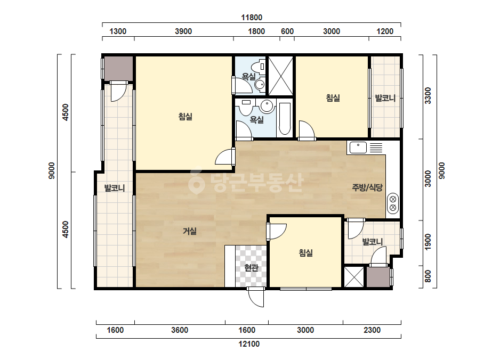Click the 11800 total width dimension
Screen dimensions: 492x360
[x=252, y=18]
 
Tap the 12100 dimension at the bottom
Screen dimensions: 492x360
[x=249, y=344]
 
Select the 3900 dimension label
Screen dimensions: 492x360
[x=183, y=31]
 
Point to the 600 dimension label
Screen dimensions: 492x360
[x=287, y=31]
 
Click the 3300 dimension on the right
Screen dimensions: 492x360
[x=428, y=96]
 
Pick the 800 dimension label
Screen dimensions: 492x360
[x=428, y=276]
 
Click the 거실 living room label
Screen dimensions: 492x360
[x=190, y=232]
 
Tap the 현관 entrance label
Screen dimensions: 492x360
[x=252, y=267]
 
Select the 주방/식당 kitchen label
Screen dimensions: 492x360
[x=367, y=187]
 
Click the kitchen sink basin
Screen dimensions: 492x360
[x=358, y=148]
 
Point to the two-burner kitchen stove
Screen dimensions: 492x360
[x=393, y=203]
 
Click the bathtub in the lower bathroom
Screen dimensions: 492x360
[x=285, y=119]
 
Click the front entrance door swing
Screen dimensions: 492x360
[x=256, y=297]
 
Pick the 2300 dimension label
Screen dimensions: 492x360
[x=372, y=330]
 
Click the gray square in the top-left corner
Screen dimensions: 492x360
[x=118, y=68]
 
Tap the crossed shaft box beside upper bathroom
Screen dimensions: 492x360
[x=280, y=76]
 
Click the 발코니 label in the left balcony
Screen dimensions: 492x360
[x=115, y=188]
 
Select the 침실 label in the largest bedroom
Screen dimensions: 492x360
[x=185, y=117]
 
